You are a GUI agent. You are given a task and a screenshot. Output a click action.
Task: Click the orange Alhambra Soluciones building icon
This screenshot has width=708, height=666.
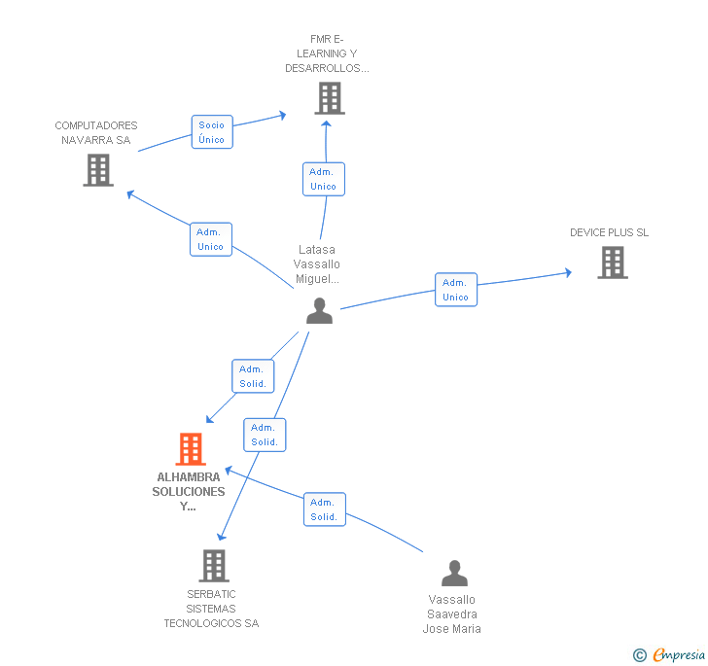click(191, 449)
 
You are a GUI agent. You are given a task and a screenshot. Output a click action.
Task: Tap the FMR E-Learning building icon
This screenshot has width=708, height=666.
click(330, 98)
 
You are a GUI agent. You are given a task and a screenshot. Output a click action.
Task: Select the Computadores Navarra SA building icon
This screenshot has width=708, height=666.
click(98, 170)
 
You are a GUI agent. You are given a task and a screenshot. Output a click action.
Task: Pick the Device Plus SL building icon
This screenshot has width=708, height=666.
click(612, 262)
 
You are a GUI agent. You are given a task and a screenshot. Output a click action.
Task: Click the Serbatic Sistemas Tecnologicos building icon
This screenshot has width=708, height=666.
click(213, 565)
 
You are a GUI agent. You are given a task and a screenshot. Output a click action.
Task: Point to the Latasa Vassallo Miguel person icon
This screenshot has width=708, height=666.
click(319, 311)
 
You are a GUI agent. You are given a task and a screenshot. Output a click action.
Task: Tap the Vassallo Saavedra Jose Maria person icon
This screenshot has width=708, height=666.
click(454, 574)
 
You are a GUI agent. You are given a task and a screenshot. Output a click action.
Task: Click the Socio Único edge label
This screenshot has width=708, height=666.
click(211, 132)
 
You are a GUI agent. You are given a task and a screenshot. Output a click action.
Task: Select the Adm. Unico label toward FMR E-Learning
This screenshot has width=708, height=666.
click(323, 179)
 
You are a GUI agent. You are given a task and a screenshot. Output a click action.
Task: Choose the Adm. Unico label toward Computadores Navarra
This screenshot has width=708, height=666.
click(210, 239)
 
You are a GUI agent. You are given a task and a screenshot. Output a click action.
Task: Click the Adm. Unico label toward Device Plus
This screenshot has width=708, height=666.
click(455, 290)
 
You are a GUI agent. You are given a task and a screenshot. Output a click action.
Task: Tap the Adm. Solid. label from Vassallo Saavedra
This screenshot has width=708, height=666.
click(324, 509)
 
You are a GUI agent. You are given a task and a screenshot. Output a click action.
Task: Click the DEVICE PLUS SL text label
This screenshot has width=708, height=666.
click(609, 232)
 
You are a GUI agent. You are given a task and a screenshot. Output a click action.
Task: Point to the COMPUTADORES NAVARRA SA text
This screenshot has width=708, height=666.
click(96, 132)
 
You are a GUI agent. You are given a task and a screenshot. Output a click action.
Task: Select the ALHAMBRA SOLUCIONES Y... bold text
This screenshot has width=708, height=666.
click(189, 491)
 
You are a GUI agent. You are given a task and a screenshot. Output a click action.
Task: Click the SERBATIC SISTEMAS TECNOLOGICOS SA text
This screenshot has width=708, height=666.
click(211, 609)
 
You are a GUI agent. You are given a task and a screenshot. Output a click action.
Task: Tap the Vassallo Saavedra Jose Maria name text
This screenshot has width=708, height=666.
click(451, 614)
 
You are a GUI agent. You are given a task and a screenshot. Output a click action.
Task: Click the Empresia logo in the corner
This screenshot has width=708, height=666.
click(678, 655)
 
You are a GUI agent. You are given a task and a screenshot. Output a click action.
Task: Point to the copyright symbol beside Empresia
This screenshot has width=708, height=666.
click(640, 656)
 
